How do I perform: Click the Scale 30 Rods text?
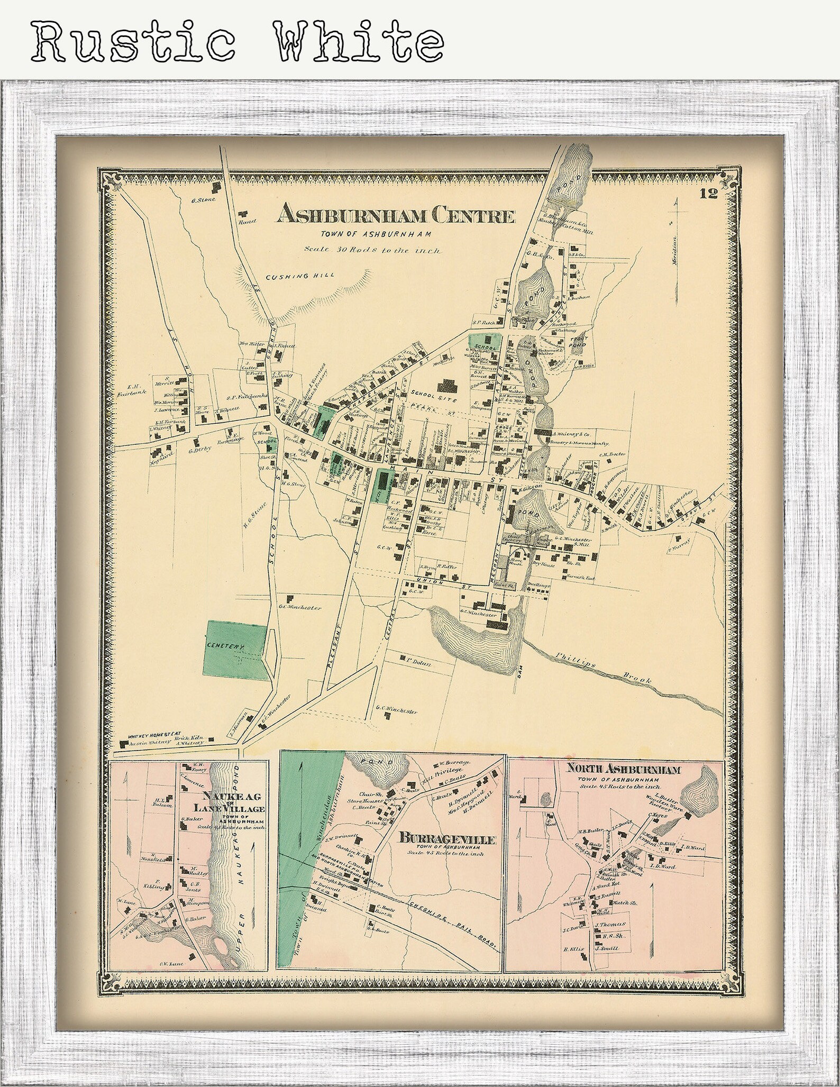click(x=372, y=250)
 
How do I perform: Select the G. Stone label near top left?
click(x=200, y=200)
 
